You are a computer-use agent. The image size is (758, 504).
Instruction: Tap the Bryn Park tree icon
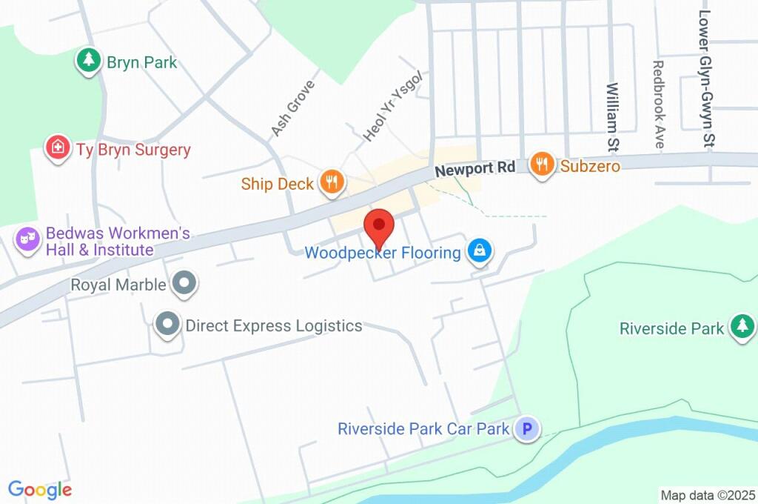point(89,61)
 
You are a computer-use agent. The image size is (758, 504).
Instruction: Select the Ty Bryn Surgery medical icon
point(57,148)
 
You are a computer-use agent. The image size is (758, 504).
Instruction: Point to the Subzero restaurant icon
point(543,165)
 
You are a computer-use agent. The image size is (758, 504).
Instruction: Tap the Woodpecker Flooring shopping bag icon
point(480,251)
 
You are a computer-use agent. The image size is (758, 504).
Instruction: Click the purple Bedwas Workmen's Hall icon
point(28,240)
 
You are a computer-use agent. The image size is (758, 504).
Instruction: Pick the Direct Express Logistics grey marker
point(168,325)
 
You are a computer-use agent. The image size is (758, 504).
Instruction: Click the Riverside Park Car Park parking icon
point(527,428)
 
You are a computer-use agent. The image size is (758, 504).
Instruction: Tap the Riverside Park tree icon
point(741,327)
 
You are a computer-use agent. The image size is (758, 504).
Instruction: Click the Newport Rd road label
point(474,169)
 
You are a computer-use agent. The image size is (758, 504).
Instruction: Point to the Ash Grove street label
point(292,108)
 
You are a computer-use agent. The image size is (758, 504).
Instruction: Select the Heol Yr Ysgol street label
point(392,106)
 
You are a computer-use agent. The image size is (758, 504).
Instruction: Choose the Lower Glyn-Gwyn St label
point(706,77)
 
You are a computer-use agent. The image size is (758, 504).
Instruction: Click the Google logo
point(40,489)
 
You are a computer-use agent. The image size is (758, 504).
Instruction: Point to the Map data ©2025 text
point(708,494)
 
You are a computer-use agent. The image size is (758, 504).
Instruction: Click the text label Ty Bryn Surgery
point(133,150)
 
